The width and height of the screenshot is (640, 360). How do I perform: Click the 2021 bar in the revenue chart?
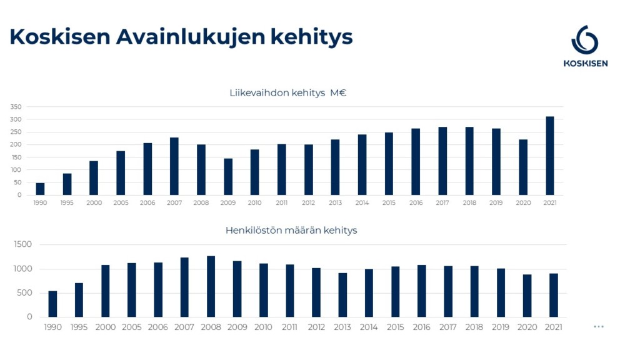tap(550, 156)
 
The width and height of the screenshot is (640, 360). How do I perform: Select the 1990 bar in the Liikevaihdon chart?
tap(40, 189)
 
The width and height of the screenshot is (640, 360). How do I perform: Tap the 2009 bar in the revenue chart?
tap(228, 177)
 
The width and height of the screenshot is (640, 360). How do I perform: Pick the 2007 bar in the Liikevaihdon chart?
tap(174, 166)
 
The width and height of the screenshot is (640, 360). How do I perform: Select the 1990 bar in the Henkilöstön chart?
tap(52, 304)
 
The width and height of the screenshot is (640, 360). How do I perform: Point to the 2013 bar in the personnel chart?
tap(342, 295)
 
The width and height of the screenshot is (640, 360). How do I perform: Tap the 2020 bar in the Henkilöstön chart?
tap(527, 296)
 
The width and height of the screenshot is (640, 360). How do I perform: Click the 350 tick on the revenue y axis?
tap(16, 107)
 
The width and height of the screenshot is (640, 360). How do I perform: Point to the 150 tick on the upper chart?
tap(16, 157)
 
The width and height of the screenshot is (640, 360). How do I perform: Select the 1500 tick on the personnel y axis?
tap(22, 244)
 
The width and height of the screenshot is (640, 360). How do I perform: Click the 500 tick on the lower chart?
tap(25, 293)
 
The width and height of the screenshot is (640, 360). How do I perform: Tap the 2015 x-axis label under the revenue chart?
tap(389, 203)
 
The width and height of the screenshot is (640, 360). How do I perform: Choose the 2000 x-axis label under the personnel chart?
tap(105, 327)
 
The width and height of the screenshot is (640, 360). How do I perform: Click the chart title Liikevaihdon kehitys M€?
tap(288, 93)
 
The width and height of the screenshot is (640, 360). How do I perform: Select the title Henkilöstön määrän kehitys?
tap(291, 231)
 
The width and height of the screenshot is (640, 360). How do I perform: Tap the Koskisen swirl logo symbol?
tap(585, 41)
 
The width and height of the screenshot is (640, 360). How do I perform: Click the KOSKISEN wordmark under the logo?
tap(585, 63)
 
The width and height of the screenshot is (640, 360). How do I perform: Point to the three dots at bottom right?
tap(599, 326)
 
